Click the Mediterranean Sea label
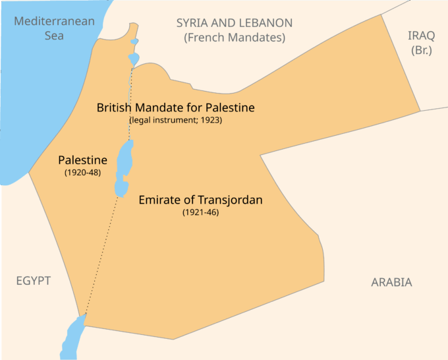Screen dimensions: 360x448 click(x=54, y=28)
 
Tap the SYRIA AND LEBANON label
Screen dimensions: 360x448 click(x=234, y=23)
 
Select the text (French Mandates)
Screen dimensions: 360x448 click(x=234, y=38)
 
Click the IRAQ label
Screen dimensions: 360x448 click(x=421, y=36)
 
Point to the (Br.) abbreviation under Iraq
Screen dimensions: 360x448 click(x=421, y=50)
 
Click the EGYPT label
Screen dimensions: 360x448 click(x=34, y=281)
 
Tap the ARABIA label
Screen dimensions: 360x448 click(x=391, y=282)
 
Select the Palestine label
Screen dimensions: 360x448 click(x=82, y=160)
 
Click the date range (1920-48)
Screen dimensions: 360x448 click(x=82, y=173)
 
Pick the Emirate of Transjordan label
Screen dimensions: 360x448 click(x=200, y=200)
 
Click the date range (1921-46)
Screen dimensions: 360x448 click(x=200, y=212)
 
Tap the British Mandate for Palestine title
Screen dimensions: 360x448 click(x=175, y=107)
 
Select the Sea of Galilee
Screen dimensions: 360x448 click(x=134, y=59)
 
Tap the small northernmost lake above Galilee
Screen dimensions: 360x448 click(x=134, y=42)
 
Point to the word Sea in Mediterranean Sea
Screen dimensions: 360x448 click(x=54, y=36)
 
